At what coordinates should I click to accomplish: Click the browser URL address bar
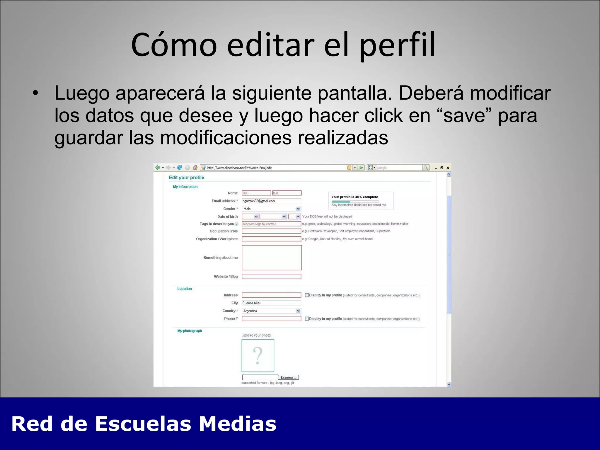click(x=275, y=168)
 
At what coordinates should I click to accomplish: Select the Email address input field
click(x=271, y=201)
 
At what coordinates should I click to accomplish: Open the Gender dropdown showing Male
click(x=271, y=209)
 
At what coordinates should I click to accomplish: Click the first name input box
click(x=256, y=193)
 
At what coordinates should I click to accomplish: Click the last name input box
click(x=287, y=193)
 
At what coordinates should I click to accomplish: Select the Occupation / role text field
click(x=271, y=231)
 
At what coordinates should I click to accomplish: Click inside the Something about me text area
click(x=272, y=258)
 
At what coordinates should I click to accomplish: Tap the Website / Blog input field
click(x=271, y=277)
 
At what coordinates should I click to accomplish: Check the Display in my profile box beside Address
click(x=307, y=295)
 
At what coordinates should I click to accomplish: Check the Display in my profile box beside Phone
click(x=307, y=319)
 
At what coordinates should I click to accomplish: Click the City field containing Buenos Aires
click(x=271, y=303)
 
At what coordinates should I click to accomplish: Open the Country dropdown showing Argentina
click(x=271, y=311)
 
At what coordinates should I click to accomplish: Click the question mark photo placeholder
click(x=258, y=356)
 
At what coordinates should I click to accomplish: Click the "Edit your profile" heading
click(x=186, y=178)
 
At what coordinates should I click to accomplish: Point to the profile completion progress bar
click(x=355, y=202)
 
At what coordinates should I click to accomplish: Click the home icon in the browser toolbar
click(x=195, y=168)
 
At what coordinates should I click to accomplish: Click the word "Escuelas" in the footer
click(x=143, y=424)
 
